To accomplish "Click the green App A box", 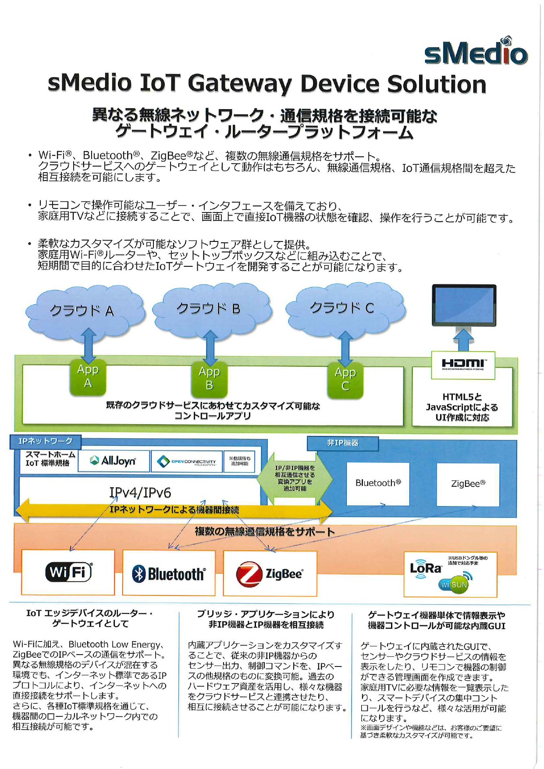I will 88,376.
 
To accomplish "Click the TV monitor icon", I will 464,305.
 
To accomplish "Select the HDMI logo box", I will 463,365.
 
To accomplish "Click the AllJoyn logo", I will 113,461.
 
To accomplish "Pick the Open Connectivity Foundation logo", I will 187,461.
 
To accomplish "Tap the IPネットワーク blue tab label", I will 45,441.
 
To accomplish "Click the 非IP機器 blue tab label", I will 342,443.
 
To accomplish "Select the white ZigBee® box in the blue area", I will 468,484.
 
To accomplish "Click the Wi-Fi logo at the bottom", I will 68,572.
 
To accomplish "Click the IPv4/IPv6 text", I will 140,493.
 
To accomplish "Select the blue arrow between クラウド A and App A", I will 89,345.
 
